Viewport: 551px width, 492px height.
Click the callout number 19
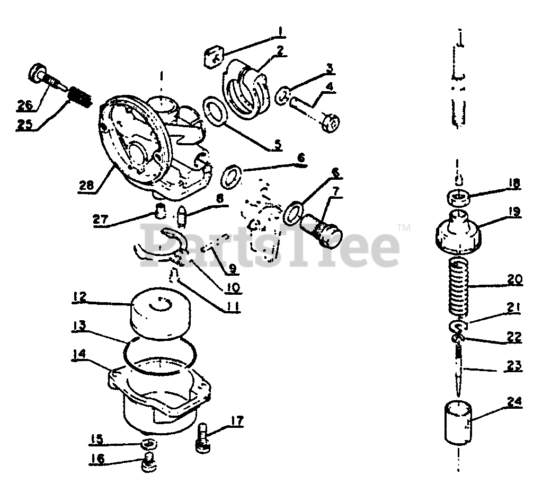(512, 212)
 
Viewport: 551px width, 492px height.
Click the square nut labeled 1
(214, 57)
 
